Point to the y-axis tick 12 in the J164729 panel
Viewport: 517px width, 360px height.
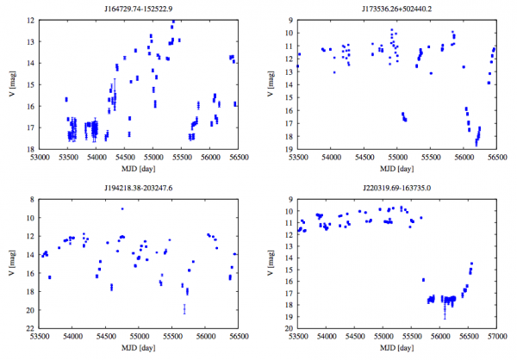31,20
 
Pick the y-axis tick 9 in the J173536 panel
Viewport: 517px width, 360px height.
290,20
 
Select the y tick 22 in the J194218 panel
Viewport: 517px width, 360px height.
31,329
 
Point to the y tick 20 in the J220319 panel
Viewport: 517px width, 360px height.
290,329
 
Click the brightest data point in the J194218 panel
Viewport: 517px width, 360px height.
122,208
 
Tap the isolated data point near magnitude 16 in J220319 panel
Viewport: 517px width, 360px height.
423,280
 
